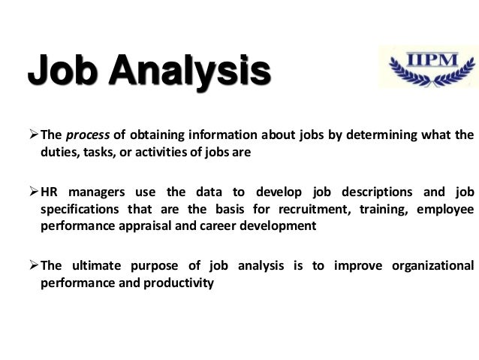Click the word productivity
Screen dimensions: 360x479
182,283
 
